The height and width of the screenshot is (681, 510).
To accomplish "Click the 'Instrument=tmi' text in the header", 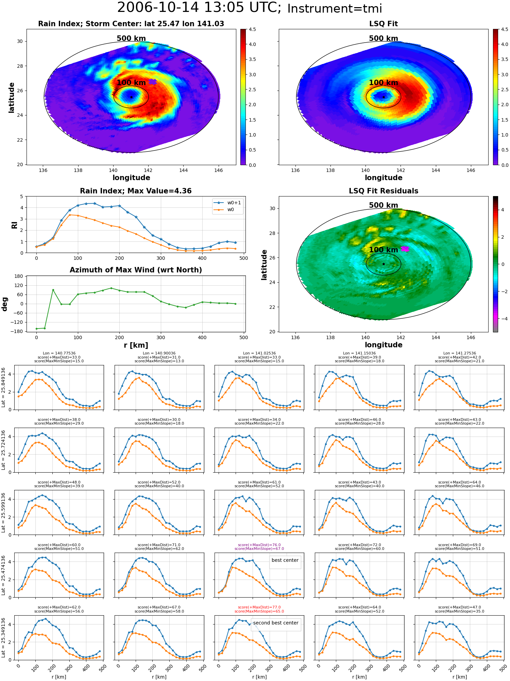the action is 335,9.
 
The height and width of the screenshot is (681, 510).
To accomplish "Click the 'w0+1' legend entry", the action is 234,203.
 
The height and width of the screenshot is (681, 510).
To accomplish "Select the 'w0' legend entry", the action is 231,210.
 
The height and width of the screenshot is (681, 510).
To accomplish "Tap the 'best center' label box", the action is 285,560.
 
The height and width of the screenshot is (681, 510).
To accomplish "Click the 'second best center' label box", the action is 276,623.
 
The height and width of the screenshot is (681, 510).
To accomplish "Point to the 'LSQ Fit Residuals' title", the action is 384,191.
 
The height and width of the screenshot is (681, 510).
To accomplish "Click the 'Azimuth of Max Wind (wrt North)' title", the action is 136,270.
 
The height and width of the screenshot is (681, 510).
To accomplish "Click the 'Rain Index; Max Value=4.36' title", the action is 136,191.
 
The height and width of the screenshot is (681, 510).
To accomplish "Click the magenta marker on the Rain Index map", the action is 153,82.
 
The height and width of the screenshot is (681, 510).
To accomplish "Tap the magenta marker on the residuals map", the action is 405,249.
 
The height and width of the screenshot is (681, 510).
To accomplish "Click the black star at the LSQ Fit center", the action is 384,97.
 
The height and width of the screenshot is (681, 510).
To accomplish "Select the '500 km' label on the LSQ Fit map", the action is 384,38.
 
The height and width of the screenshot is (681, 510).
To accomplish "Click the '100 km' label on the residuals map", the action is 384,250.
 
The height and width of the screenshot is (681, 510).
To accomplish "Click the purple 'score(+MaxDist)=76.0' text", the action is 259,545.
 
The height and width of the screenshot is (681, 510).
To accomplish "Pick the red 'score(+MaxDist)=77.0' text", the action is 259,607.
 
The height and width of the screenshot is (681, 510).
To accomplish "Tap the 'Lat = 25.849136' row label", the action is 3,387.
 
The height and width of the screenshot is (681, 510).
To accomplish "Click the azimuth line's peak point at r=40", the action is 53,290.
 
